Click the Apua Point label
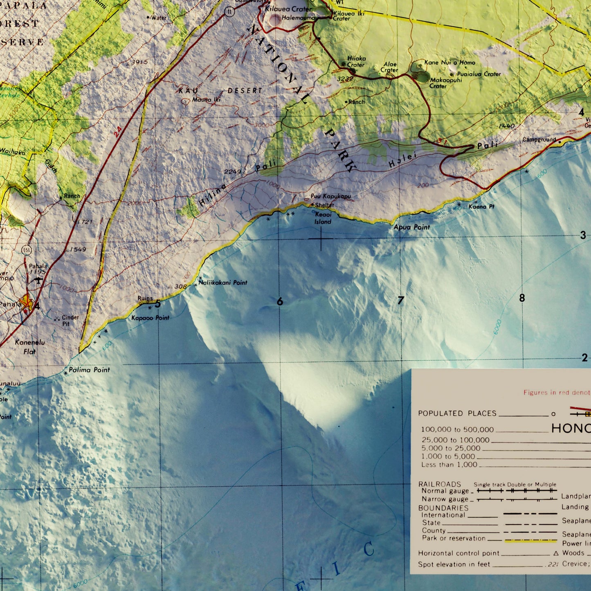(x=411, y=227)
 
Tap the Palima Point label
(x=89, y=370)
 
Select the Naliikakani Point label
(x=223, y=283)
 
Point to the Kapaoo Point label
(x=150, y=318)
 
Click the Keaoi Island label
(x=323, y=218)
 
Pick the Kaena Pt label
(x=481, y=207)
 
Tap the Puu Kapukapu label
(x=330, y=196)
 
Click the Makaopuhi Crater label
(x=445, y=83)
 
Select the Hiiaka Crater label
(x=356, y=62)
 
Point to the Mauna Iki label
(x=206, y=99)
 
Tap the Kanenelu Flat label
(x=30, y=347)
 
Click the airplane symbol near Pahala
(x=38, y=280)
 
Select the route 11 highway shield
(x=229, y=12)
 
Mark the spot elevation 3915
(x=139, y=62)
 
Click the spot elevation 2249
(x=232, y=172)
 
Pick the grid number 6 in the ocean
(x=280, y=302)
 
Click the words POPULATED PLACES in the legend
(x=457, y=413)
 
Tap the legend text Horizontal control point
(x=458, y=553)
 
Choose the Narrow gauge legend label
(x=445, y=499)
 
